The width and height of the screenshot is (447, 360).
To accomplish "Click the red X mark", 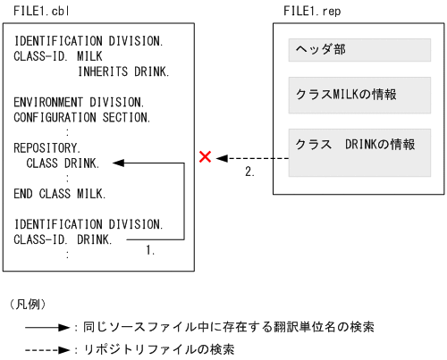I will [205, 158].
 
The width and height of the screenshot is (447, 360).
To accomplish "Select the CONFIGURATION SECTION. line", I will [82, 117].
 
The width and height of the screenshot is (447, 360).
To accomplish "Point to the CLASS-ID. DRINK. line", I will [63, 239].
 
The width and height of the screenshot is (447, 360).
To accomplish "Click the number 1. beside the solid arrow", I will [150, 252].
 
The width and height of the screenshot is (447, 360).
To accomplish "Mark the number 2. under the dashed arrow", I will [250, 172].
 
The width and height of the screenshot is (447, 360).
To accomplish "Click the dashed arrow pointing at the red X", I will [255, 158].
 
